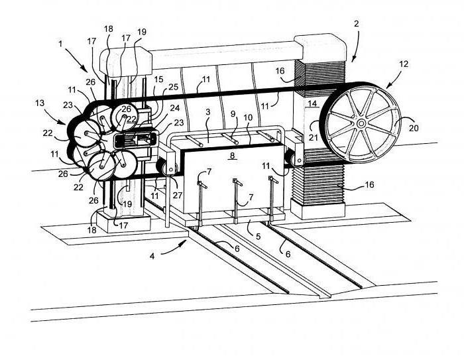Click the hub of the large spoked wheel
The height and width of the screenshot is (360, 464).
(x=361, y=123)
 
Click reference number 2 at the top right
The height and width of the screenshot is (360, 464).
(x=356, y=24)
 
